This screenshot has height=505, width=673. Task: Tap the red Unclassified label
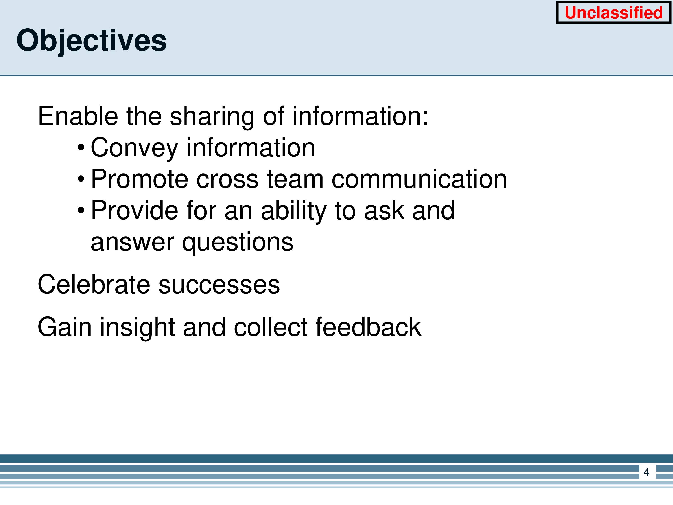pos(614,13)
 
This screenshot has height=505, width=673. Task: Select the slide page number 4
pos(646,472)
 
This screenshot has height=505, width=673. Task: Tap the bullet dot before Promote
pos(81,179)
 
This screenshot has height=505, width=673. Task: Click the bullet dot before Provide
pos(81,210)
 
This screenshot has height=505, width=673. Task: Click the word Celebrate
pos(94,284)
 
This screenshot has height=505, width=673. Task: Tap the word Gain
pos(65,327)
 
